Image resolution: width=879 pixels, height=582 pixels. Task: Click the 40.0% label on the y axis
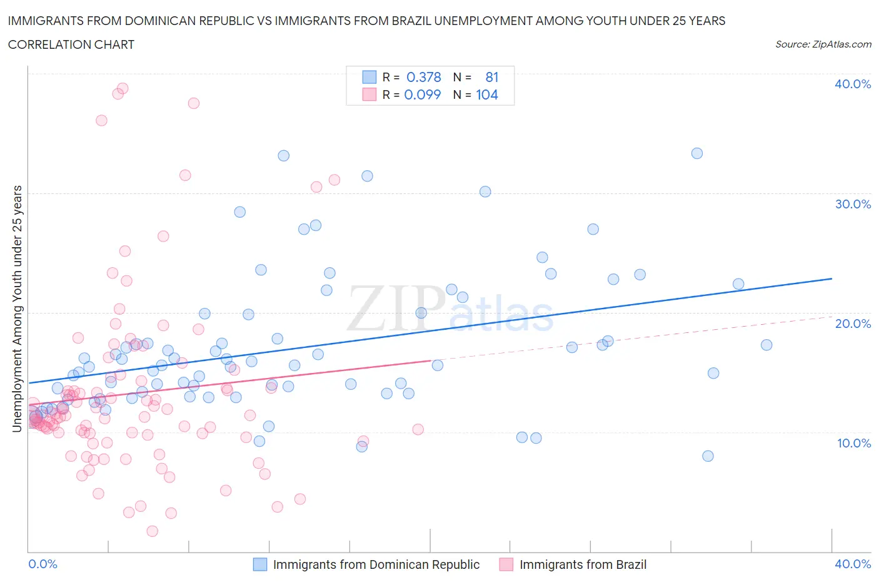coord(852,84)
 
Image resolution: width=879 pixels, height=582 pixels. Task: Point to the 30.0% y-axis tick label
coord(852,204)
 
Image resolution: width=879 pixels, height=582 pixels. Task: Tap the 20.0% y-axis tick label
coord(852,324)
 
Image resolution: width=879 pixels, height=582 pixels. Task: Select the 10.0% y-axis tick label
coord(853,443)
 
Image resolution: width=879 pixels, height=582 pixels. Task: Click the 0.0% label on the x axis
coord(43,564)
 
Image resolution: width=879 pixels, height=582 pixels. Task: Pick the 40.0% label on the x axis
coord(852,564)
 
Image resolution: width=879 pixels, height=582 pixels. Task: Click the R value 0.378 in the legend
coord(423,77)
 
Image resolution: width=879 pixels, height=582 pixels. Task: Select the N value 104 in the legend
coord(486,94)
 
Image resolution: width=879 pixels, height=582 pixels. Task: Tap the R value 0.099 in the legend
coord(423,94)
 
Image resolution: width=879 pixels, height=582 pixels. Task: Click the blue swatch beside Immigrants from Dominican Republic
coord(260,564)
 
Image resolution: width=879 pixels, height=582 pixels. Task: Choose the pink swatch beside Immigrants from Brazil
coord(506,564)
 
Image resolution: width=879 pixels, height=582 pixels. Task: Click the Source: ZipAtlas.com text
coord(823,44)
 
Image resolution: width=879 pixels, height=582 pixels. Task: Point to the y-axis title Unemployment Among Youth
coord(17,309)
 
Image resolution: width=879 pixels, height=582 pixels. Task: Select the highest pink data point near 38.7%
coord(123,88)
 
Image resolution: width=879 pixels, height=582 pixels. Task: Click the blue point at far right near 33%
coord(697,153)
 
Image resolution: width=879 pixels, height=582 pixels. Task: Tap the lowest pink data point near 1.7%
coord(153,531)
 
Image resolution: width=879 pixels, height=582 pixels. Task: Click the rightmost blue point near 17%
coord(766,345)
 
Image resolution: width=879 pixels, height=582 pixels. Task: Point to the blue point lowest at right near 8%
coord(708,456)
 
